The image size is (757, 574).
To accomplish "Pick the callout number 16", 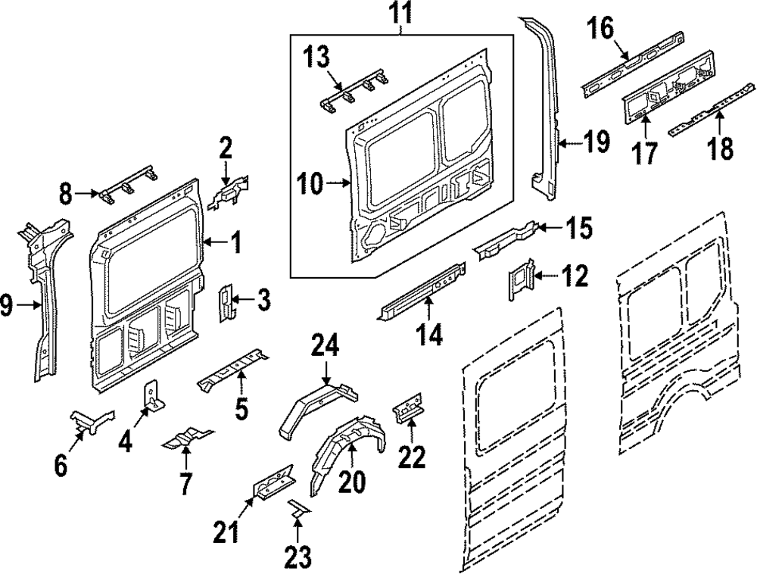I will point(602,30).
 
